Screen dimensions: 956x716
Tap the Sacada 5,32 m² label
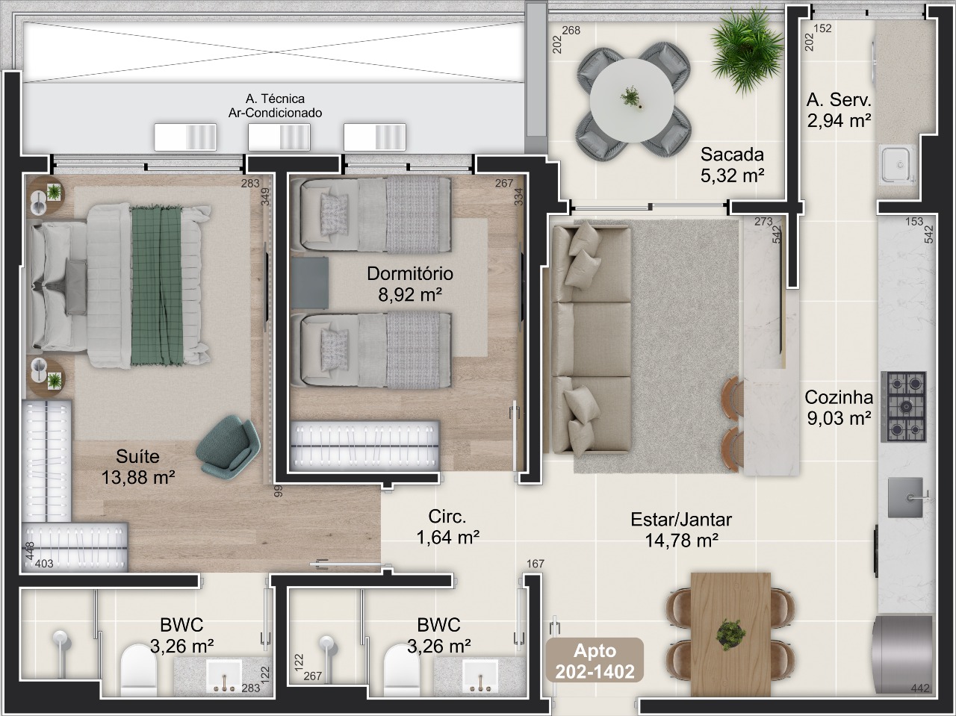pos(732,165)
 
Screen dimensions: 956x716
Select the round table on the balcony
pos(633,100)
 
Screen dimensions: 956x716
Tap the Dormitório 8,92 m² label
pos(410,284)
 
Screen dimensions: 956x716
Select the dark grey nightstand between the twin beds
pos(310,283)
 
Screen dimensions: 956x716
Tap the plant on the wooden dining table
pos(730,635)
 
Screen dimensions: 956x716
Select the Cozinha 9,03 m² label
pos(839,408)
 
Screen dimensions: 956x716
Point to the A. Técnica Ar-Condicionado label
pos(276,106)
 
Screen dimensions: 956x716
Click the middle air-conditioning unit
pos(279,137)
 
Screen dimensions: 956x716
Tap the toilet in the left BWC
pos(138,670)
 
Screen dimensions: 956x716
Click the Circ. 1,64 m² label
pos(447,527)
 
